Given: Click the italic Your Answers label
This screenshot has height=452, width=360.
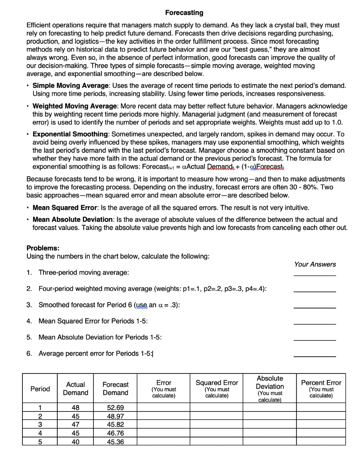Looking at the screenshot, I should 315,264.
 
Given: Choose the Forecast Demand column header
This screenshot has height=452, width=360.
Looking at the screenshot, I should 116,389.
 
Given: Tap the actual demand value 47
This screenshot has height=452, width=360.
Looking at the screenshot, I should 76,424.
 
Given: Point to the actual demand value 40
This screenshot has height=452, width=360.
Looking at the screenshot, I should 76,441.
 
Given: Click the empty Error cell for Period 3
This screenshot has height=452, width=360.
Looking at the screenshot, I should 164,424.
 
